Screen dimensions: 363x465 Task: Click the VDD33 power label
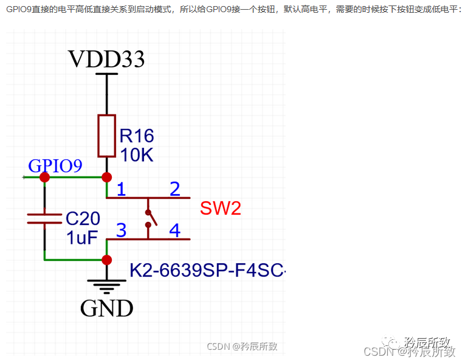[106, 59]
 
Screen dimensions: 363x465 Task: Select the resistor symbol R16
[107, 135]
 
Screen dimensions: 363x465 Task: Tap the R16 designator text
[137, 135]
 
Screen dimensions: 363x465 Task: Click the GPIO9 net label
[55, 166]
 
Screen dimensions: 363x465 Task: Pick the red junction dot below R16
[107, 177]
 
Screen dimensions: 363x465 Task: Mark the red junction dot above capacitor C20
[44, 177]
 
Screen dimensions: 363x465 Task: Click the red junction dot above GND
[107, 260]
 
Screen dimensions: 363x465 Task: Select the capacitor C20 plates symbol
[44, 218]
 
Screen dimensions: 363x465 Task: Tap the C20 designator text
[83, 218]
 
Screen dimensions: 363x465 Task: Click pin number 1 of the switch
[121, 189]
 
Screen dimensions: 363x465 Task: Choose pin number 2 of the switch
[175, 189]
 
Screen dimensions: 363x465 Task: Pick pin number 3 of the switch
[121, 230]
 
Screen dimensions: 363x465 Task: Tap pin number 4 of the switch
[175, 230]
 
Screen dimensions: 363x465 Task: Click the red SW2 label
[220, 209]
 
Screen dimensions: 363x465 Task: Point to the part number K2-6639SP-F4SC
[207, 270]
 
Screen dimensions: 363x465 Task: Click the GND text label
[106, 308]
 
